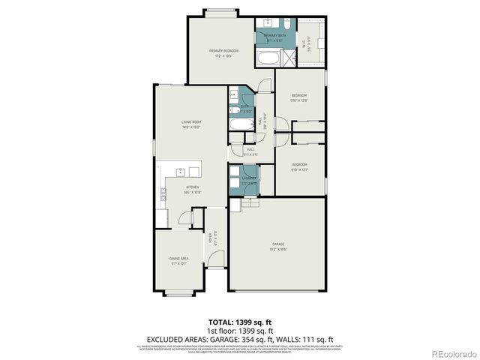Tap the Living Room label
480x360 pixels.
(191, 124)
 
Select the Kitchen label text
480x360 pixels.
(192, 189)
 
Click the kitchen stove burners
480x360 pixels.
(162, 196)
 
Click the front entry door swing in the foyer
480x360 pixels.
(215, 260)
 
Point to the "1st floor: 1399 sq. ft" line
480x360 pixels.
(240, 331)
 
